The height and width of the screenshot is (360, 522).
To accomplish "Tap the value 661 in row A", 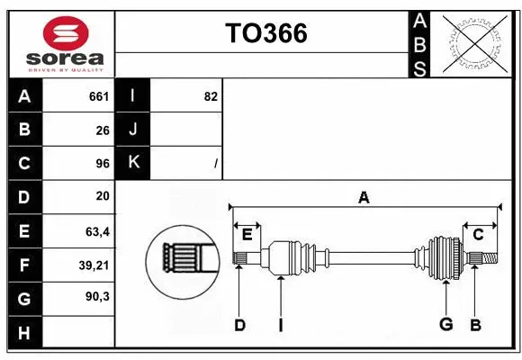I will click(x=99, y=96).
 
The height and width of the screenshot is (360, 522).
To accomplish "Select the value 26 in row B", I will click(x=103, y=130).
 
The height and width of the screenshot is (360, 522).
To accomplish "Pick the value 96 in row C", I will click(x=103, y=163).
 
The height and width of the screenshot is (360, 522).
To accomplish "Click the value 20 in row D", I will click(x=103, y=196).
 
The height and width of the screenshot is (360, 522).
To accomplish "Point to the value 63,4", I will click(x=97, y=230).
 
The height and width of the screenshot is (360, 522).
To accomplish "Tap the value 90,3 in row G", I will click(x=97, y=296).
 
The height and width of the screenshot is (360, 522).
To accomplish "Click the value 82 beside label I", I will click(x=211, y=96).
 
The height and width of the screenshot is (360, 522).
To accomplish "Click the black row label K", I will click(x=132, y=163).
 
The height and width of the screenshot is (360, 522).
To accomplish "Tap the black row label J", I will click(x=132, y=130).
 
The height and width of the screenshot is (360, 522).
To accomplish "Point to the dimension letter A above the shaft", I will click(x=364, y=198).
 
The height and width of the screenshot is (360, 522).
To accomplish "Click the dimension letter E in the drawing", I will click(x=247, y=235).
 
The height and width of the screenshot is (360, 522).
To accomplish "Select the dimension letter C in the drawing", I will click(x=478, y=235).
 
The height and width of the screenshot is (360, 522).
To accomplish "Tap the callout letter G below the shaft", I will click(x=445, y=325).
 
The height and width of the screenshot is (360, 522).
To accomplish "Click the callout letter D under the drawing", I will click(x=239, y=325).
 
